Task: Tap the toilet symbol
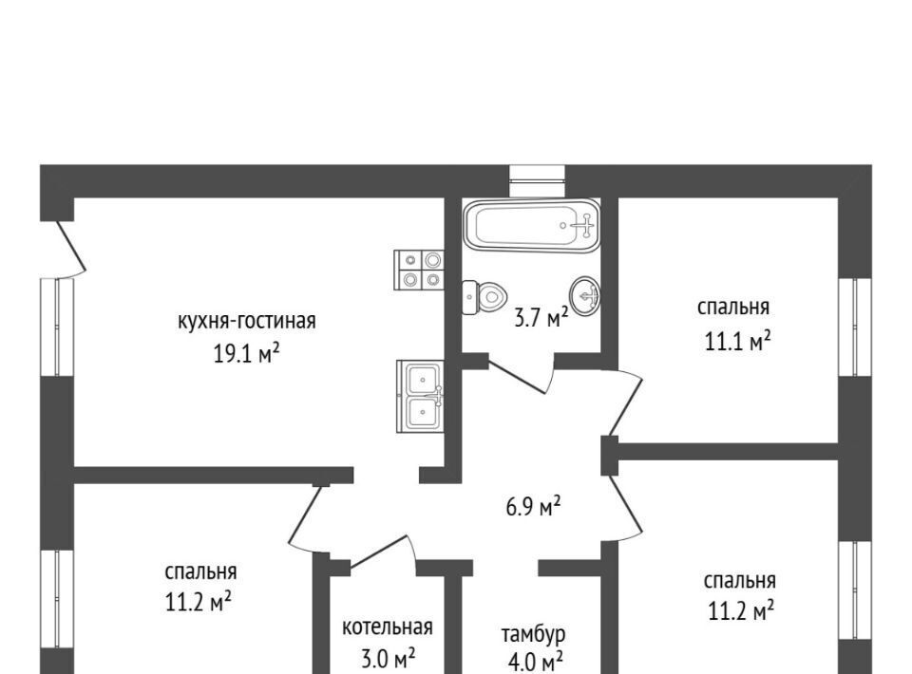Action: [484, 297]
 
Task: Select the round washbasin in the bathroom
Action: [585, 294]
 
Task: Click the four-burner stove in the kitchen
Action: [419, 271]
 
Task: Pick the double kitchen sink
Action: [420, 396]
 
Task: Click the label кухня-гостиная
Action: [247, 321]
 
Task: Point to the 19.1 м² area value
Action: [247, 353]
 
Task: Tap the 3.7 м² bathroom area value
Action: [541, 318]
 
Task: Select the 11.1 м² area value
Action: [737, 342]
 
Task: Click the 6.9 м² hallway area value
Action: [533, 507]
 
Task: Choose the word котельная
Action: [388, 627]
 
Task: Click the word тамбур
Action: [533, 634]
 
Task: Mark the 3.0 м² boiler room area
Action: [388, 660]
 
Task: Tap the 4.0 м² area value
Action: [535, 663]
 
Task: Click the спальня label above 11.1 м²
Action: [733, 307]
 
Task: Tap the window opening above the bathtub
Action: [537, 181]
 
